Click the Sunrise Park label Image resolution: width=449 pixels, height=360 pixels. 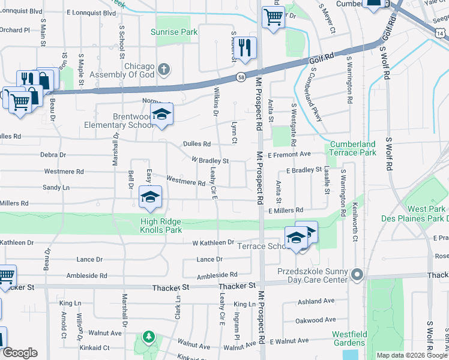click(x=174, y=32)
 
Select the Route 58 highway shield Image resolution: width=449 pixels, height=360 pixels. click(x=241, y=77)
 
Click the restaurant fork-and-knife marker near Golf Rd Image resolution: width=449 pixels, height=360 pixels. click(x=245, y=48)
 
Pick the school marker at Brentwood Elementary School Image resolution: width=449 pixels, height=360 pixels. click(x=161, y=114)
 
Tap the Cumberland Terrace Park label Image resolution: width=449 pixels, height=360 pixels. click(x=353, y=148)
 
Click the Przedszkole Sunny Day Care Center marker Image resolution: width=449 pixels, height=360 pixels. click(x=357, y=276)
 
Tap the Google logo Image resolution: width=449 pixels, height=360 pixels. click(x=19, y=353)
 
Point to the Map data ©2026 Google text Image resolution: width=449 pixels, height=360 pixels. click(x=412, y=355)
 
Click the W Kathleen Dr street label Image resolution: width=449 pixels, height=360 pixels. click(x=213, y=242)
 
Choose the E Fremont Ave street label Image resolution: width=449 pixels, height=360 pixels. click(x=289, y=155)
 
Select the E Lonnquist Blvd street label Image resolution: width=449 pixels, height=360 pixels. click(x=91, y=12)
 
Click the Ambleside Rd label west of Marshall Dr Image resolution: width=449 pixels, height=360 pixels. click(x=86, y=276)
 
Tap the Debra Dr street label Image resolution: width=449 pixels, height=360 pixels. click(x=53, y=155)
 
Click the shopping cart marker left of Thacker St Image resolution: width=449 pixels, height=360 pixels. click(x=5, y=276)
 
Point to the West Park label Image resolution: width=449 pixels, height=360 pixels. click(x=426, y=209)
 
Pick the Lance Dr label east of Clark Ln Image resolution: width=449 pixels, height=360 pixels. click(x=210, y=259)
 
